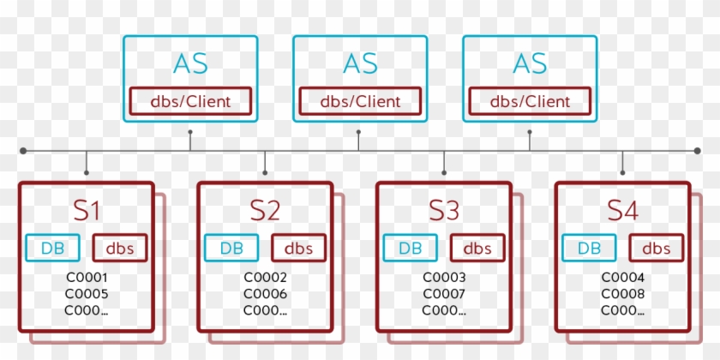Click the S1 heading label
coord(87,210)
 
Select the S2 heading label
coord(265,210)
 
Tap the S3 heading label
coord(444,210)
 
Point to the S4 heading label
coord(622,210)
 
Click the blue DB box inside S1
coord(53,249)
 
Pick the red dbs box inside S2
coord(298,249)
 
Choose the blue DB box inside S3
coord(411,249)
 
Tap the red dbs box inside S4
coord(656,249)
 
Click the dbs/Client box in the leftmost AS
coord(190,101)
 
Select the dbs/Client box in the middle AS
coord(360,101)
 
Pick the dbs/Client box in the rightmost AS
coord(530,101)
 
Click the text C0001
coord(87,278)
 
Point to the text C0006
coord(265,294)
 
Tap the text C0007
coord(444,294)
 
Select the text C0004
coord(622,278)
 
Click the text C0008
coord(622,294)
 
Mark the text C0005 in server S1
coord(87,294)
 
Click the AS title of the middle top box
coord(360,63)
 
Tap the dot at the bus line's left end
coord(23,151)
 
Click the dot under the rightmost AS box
coord(529,133)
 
